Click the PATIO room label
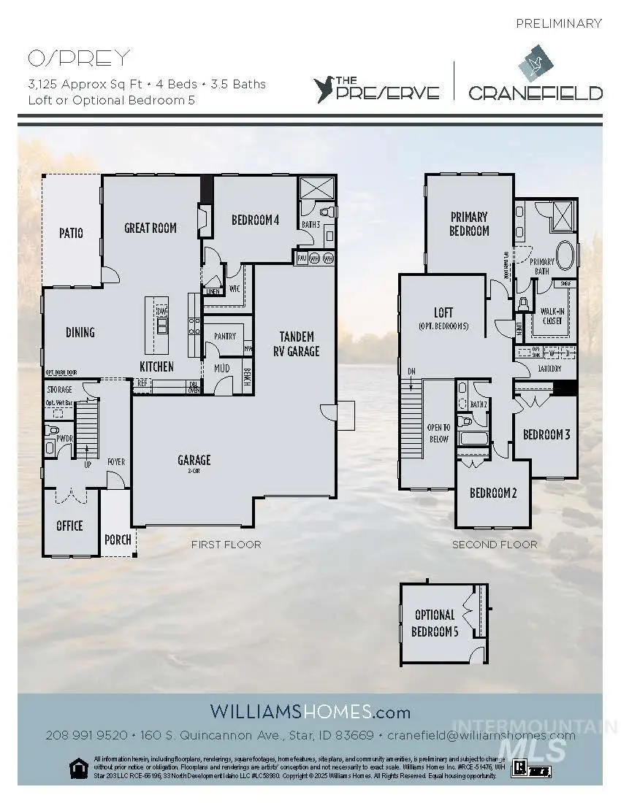pos(71,233)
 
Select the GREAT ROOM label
pos(151,228)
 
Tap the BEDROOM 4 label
pos(256,220)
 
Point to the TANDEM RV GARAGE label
pos(297,344)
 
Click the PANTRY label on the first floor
pos(225,336)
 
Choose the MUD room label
pos(222,368)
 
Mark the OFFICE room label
pos(69,526)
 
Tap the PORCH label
pos(118,539)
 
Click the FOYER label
pos(116,461)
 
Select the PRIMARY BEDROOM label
pos(469,223)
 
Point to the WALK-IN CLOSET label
pos(552,315)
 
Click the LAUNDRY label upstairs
pos(549,369)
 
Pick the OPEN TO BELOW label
pos(438,433)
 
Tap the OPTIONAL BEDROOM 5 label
pos(435,623)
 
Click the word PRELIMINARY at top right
pos(559,23)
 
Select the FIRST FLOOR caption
pos(226,545)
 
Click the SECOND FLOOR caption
pos(495,545)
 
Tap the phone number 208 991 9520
pos(86,735)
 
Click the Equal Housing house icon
pos(77,767)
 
